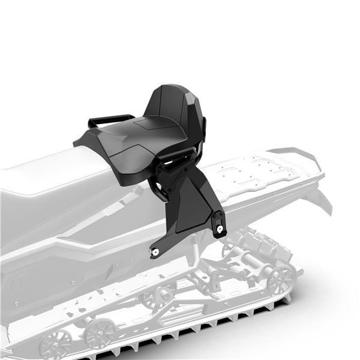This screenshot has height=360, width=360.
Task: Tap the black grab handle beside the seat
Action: pyautogui.click(x=112, y=119)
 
